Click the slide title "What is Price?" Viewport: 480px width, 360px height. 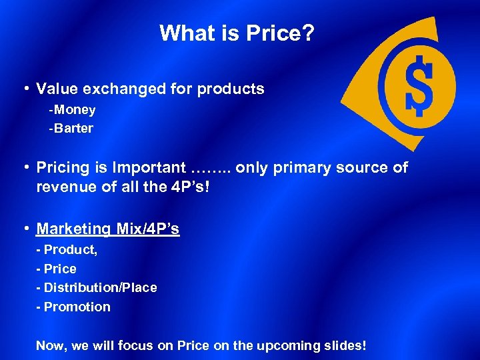[x=237, y=33]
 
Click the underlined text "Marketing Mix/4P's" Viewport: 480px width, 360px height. [x=107, y=229]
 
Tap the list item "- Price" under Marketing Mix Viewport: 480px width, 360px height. [x=57, y=269]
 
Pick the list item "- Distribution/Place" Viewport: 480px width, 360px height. [x=97, y=287]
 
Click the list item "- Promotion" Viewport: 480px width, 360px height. [x=73, y=307]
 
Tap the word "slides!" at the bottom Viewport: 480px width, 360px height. [x=343, y=346]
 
